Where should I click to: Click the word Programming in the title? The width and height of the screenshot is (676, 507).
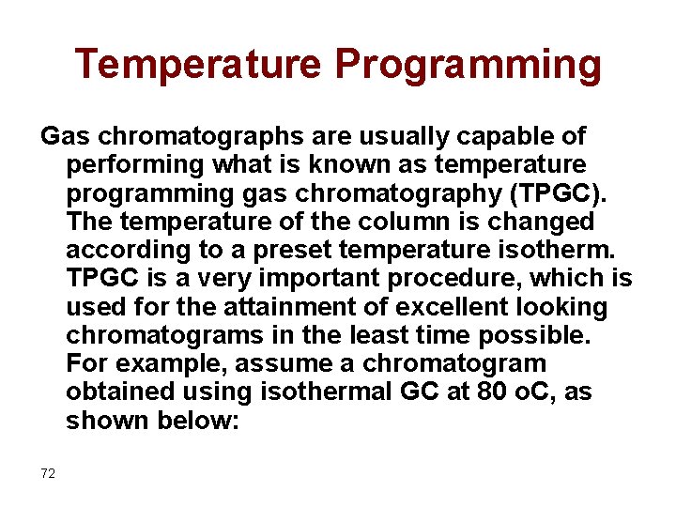point(469,66)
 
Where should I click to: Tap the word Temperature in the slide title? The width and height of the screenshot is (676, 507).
point(197,64)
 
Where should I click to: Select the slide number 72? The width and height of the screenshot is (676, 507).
point(48,473)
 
